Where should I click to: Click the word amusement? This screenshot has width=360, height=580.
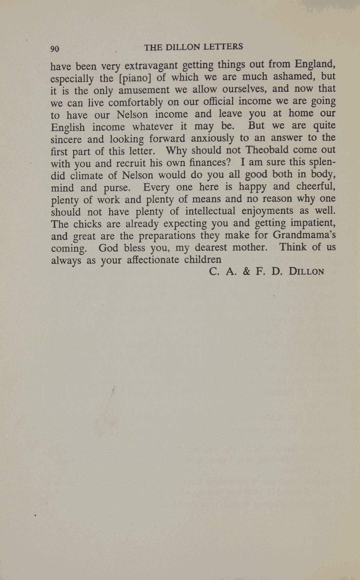pyautogui.click(x=144, y=90)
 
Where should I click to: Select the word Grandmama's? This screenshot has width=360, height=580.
pyautogui.click(x=304, y=234)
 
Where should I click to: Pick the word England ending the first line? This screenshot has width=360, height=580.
pyautogui.click(x=315, y=65)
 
